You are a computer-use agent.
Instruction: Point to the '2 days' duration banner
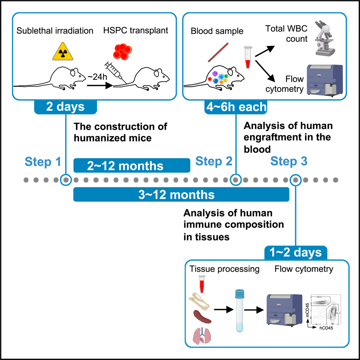tap(65, 107)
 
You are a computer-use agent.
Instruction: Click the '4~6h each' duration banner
tap(236, 107)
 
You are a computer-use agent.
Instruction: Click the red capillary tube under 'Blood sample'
tap(218, 52)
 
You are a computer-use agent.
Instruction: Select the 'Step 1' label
tap(43, 162)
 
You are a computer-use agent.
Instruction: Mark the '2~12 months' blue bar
tap(132, 166)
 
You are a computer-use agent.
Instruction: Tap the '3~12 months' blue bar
tap(181, 195)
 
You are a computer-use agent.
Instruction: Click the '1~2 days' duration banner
tap(296, 252)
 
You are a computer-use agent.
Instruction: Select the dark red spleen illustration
tap(202, 316)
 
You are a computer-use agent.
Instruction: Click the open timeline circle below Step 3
tap(296, 179)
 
